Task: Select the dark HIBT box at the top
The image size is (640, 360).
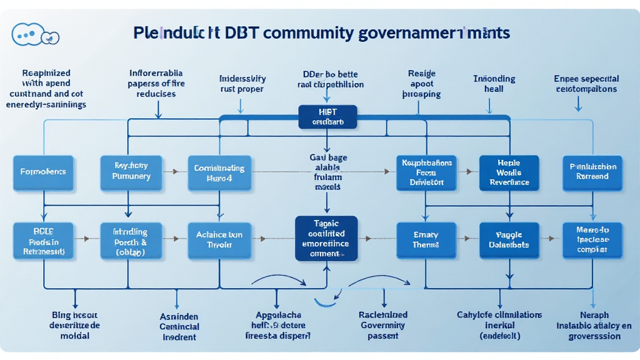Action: (327, 116)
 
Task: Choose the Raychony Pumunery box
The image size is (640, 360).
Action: (131, 172)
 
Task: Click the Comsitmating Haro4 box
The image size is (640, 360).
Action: (219, 172)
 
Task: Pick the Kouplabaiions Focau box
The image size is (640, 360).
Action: (427, 172)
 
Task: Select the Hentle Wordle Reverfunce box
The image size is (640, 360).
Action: (508, 172)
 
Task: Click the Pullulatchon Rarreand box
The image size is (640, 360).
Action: (592, 172)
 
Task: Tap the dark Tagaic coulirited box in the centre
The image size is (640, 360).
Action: (326, 238)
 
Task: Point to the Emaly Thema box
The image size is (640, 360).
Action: (426, 240)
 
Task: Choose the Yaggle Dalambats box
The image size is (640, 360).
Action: (508, 240)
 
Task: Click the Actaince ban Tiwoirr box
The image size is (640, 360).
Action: (219, 240)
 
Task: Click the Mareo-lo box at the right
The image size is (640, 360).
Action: (592, 240)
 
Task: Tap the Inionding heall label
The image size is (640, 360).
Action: (494, 84)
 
